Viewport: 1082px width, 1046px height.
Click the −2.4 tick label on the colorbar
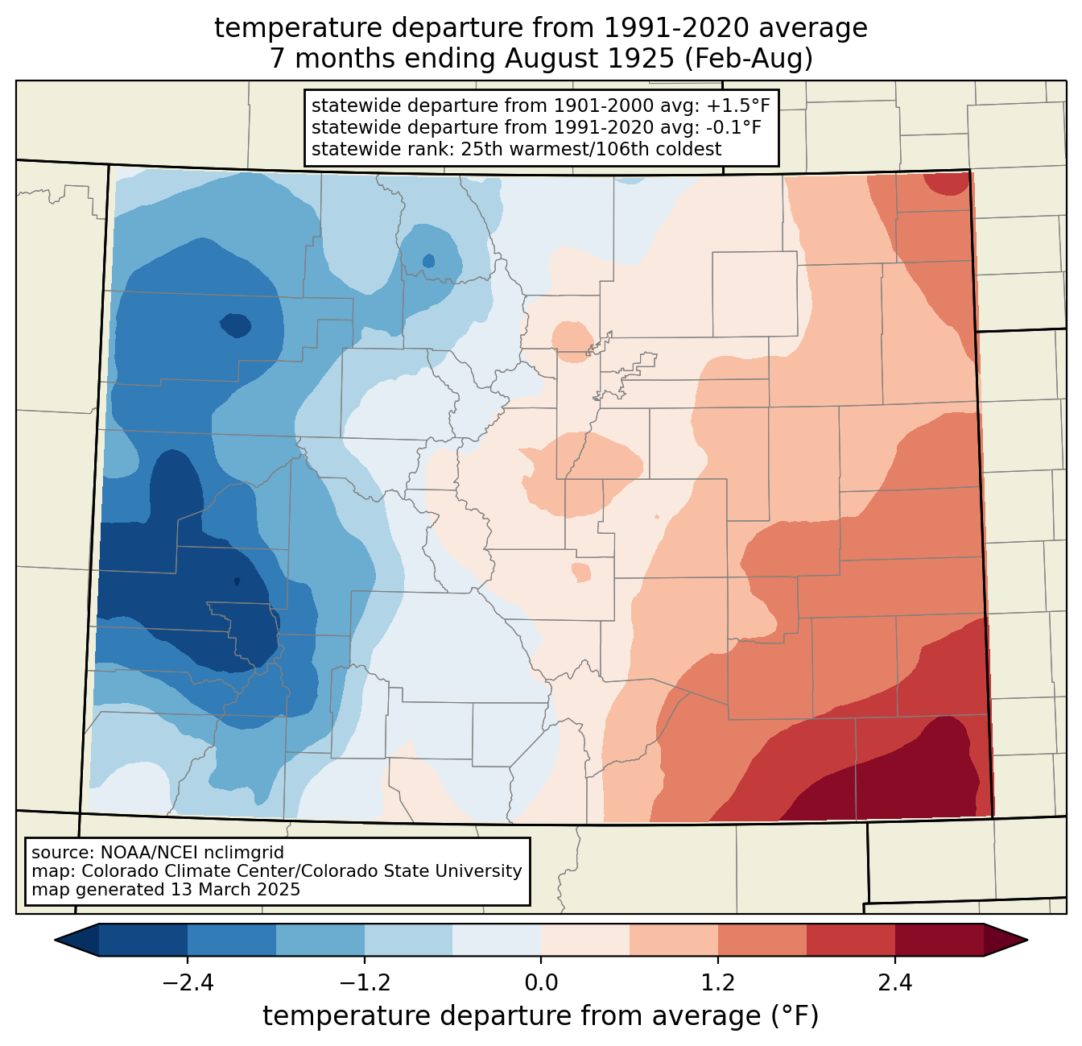(x=187, y=983)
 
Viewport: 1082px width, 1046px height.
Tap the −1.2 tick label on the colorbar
(x=364, y=983)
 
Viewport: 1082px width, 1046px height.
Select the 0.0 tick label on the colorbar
(x=541, y=983)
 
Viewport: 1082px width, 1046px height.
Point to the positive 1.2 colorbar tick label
(x=718, y=983)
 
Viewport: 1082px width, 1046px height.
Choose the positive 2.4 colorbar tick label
(x=894, y=983)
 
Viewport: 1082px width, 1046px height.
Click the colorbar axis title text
(x=541, y=1016)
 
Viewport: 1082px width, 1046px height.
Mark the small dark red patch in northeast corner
(x=946, y=184)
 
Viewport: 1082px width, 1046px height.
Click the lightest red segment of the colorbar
(x=585, y=940)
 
